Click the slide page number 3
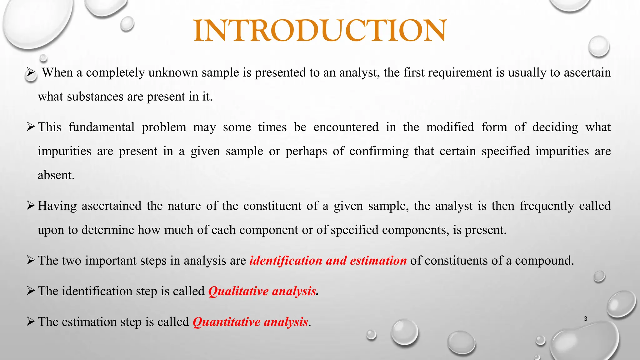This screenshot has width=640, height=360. click(x=585, y=319)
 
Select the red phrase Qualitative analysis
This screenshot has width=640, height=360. click(x=262, y=291)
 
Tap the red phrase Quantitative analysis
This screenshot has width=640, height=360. click(x=250, y=322)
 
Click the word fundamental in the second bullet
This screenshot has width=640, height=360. click(x=102, y=127)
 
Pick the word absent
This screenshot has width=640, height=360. click(x=56, y=175)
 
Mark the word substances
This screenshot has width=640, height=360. click(x=95, y=97)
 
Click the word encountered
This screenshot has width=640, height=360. click(x=346, y=127)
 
